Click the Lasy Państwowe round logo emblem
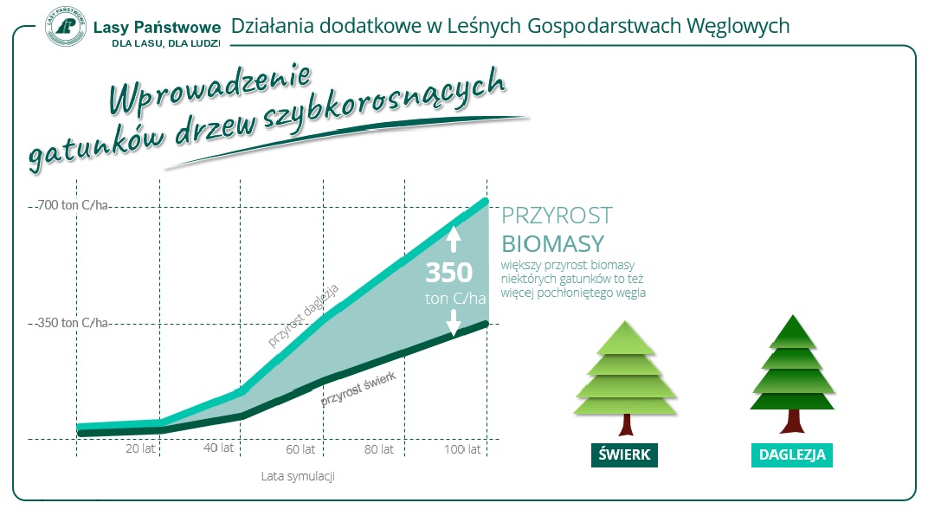tap(66, 27)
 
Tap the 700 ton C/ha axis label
tap(72, 205)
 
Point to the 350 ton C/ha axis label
tap(72, 323)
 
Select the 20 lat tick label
tap(140, 448)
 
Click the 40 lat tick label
tap(218, 448)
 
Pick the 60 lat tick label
tap(300, 449)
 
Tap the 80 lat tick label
tap(379, 449)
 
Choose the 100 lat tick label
tap(462, 449)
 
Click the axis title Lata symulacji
tap(298, 476)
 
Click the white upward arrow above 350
tap(454, 240)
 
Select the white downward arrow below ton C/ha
tap(454, 323)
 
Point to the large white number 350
tap(449, 273)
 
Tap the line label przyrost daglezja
tap(303, 315)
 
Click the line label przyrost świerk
tap(358, 390)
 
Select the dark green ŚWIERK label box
tap(624, 455)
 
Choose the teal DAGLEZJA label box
tap(792, 455)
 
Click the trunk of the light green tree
tap(626, 425)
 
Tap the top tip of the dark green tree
tap(792, 315)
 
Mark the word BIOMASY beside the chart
tap(553, 244)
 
